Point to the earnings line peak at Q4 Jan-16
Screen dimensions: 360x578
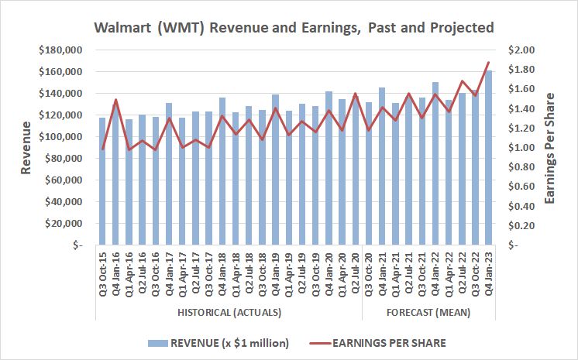click(x=115, y=100)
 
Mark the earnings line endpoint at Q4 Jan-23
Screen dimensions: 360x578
click(x=488, y=63)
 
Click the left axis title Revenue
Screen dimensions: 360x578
click(x=25, y=147)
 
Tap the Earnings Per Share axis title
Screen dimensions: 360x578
click(x=551, y=147)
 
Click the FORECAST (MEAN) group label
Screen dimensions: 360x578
click(x=428, y=313)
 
